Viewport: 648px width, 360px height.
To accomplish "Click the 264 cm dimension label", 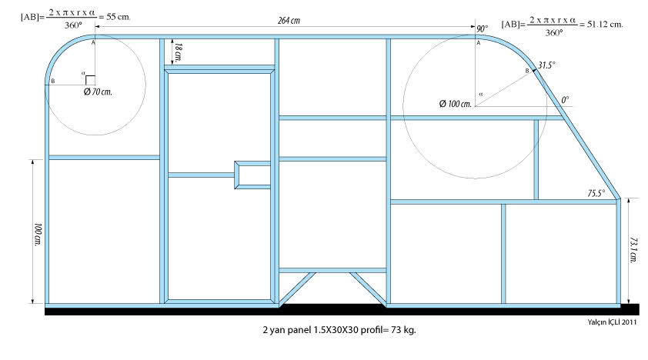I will (289, 21).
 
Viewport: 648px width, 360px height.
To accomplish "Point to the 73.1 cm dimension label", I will (633, 248).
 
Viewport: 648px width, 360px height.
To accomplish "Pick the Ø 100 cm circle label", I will (454, 103).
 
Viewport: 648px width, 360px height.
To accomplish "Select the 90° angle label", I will (482, 28).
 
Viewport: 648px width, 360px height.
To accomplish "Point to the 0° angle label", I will (564, 100).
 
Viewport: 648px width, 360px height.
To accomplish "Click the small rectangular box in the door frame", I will (252, 174).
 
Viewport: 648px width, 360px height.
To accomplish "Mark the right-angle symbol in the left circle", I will (90, 80).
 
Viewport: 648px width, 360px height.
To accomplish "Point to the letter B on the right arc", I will (527, 71).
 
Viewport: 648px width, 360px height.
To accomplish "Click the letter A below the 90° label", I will (478, 44).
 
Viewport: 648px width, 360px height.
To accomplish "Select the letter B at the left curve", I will (52, 81).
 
